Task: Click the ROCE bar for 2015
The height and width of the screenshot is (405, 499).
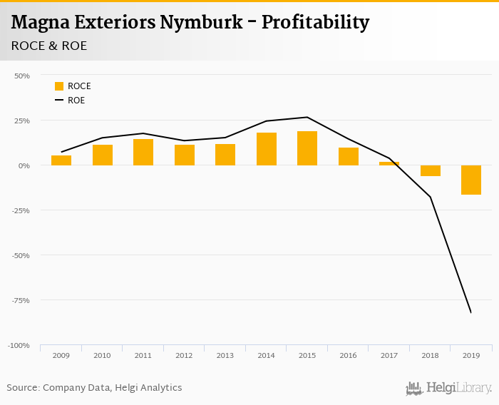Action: (x=307, y=148)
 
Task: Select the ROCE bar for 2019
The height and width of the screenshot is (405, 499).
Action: (x=471, y=180)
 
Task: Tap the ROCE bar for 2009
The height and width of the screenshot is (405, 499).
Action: (x=61, y=160)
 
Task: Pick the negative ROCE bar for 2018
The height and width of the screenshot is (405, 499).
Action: (x=431, y=170)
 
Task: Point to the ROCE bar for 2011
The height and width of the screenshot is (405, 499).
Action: (x=143, y=152)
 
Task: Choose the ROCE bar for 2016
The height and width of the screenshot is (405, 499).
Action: (x=349, y=156)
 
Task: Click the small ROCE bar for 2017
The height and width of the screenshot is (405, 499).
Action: (x=389, y=163)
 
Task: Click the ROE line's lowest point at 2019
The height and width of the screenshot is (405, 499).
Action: (x=470, y=312)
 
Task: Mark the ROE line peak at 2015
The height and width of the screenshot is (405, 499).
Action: (x=307, y=117)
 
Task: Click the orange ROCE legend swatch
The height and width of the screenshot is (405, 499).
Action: (x=59, y=86)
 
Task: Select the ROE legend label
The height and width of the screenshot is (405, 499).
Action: (x=76, y=101)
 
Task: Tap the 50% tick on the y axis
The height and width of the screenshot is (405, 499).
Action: (x=22, y=76)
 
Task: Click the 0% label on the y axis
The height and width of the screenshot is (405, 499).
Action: (x=24, y=165)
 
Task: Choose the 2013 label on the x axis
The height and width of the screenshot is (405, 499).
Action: (x=225, y=354)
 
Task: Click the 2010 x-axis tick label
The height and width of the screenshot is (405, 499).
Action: (x=103, y=354)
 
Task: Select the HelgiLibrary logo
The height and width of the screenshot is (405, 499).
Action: (x=449, y=389)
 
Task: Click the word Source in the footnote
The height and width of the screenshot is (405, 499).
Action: (x=22, y=388)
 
